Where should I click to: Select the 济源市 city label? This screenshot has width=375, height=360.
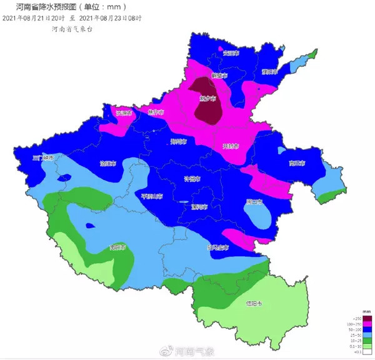pos(124,113)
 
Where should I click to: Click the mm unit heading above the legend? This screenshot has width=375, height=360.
pos(349,311)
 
